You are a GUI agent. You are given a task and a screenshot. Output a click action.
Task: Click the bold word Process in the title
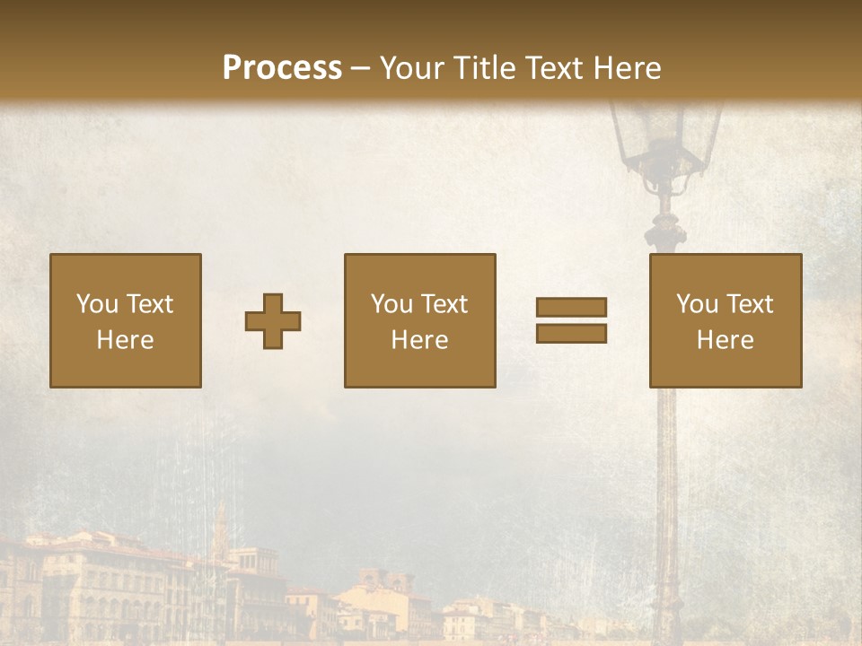(x=282, y=68)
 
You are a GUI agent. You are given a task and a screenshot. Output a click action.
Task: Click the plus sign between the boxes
(x=273, y=321)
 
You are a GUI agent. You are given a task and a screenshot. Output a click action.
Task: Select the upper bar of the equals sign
(x=571, y=307)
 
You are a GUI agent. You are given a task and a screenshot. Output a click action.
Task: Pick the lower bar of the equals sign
(x=571, y=333)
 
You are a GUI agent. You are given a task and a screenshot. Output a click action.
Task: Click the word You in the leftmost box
(x=97, y=304)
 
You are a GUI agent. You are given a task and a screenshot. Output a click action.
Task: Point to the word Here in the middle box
(x=419, y=340)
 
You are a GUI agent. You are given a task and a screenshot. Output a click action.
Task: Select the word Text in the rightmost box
(x=751, y=304)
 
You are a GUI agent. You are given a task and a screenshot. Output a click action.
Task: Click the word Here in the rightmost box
(x=726, y=340)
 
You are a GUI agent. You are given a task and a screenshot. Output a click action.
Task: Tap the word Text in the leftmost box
(x=150, y=304)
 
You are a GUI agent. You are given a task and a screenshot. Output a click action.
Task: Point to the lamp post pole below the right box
(x=667, y=502)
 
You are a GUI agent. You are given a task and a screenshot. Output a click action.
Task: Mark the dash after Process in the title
(x=360, y=68)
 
